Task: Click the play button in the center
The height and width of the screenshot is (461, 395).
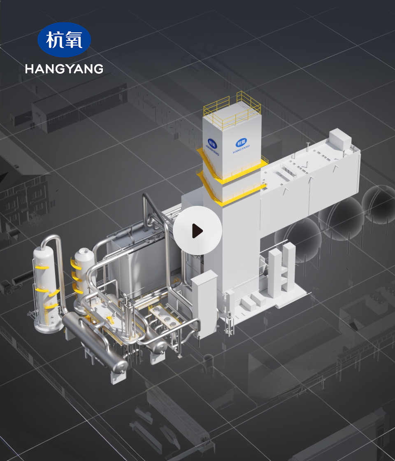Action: click(197, 230)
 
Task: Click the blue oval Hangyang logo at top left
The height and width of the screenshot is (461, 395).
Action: click(64, 40)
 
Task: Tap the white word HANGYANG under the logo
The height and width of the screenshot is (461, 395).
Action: click(64, 69)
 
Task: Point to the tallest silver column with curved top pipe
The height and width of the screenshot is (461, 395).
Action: click(47, 288)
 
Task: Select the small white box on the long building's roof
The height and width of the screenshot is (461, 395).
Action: click(340, 139)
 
